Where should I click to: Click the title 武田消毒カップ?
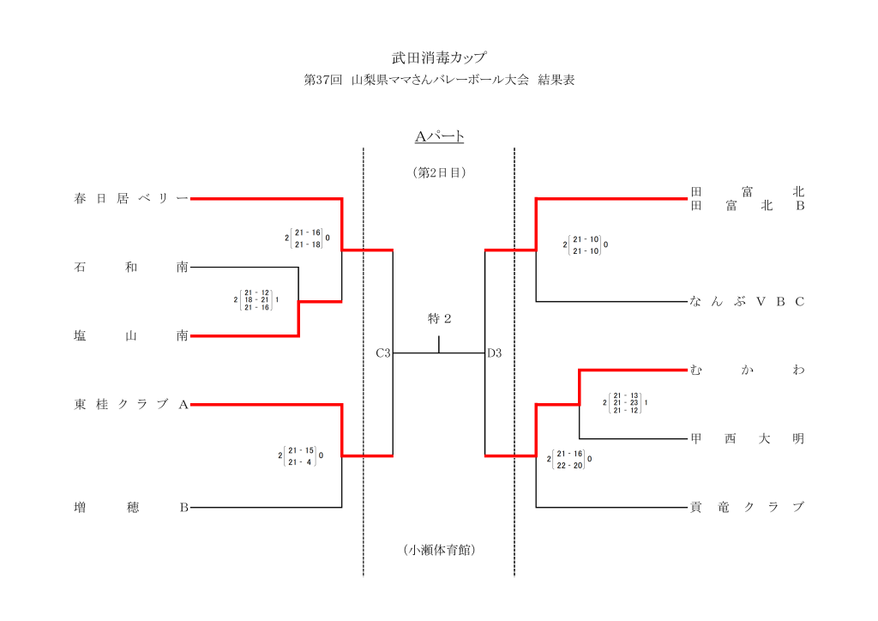tap(439, 58)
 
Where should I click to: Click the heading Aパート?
tap(439, 136)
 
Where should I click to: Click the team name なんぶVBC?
tap(747, 302)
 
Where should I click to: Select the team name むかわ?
tap(747, 371)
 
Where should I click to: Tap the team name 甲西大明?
tap(747, 439)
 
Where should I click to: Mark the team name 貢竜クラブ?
tap(747, 508)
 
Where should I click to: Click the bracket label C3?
tap(383, 353)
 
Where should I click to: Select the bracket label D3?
tap(495, 353)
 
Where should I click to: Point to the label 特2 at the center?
tap(439, 319)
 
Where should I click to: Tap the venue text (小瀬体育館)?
tap(439, 550)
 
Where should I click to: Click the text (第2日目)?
tap(439, 172)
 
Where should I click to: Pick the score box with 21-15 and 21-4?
tap(302, 455)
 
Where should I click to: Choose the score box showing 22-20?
tap(569, 460)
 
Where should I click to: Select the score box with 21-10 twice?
tap(586, 244)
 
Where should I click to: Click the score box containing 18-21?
tap(256, 299)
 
